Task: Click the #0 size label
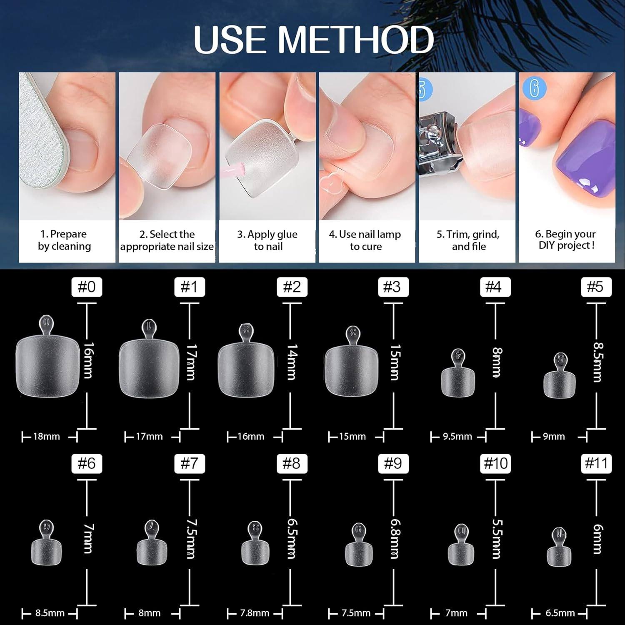tap(87, 287)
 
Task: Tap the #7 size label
tap(189, 463)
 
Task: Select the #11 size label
tap(596, 463)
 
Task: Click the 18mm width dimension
tap(47, 437)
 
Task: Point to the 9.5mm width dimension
tap(457, 437)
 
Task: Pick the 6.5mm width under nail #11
tap(560, 613)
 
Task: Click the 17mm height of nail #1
tap(191, 362)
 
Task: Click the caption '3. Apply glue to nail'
tap(267, 240)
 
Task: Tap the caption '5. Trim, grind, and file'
tap(468, 240)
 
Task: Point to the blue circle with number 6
tap(534, 88)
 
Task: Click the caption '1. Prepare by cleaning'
tap(65, 240)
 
